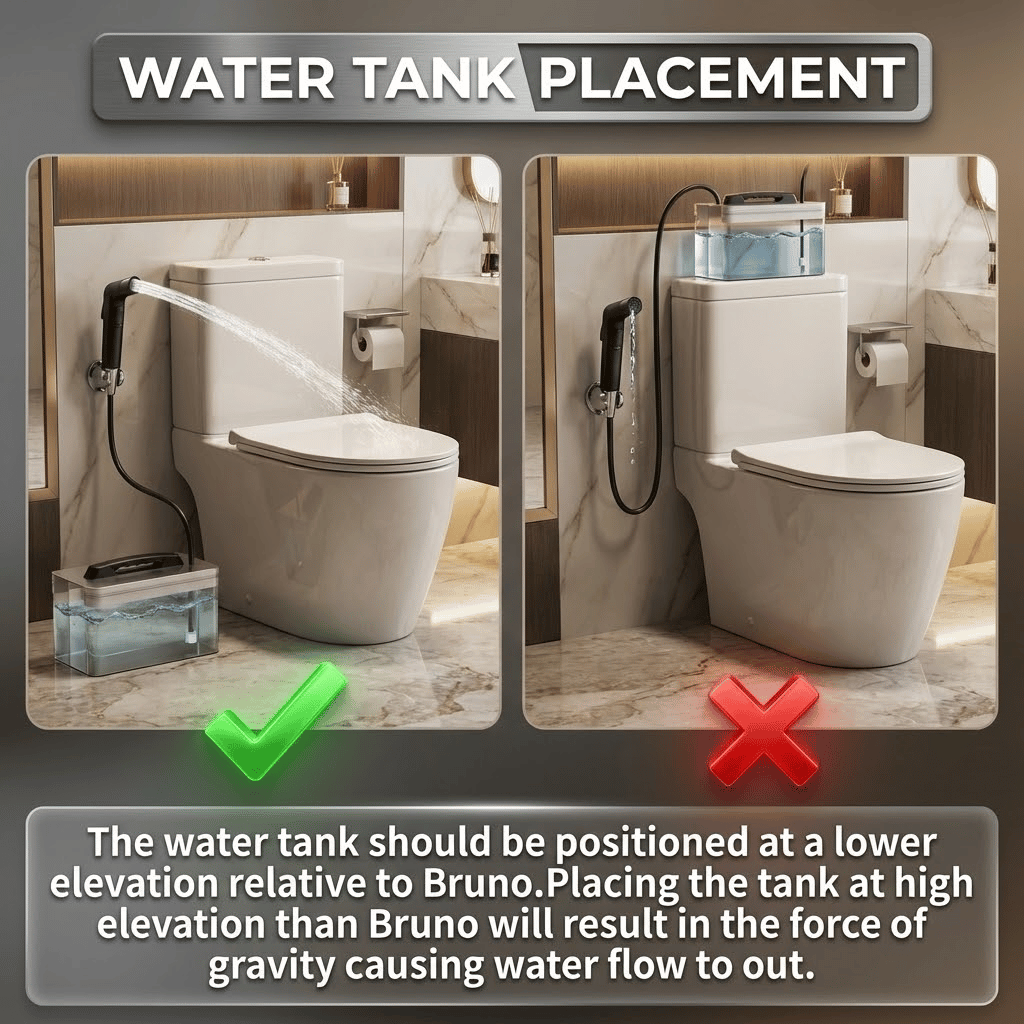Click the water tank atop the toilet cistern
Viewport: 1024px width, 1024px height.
(760, 238)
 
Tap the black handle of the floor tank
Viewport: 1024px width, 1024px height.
(134, 566)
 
